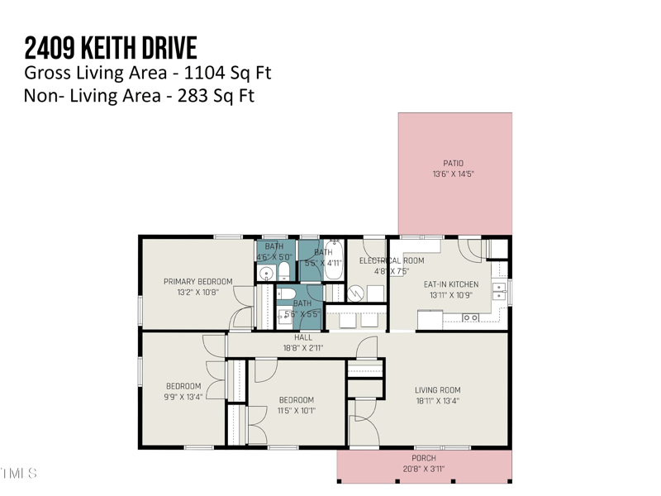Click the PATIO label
(x=453, y=164)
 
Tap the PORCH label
(x=424, y=458)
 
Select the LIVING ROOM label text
(x=437, y=390)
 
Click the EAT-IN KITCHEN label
(x=450, y=284)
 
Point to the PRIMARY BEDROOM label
(x=197, y=281)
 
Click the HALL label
(x=303, y=337)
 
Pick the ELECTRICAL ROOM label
(x=391, y=260)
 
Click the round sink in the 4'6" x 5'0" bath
(x=264, y=273)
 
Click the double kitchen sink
(x=499, y=290)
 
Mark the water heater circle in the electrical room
(x=354, y=293)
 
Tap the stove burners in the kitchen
(x=470, y=317)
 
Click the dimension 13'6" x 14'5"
(x=453, y=174)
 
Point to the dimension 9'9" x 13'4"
(x=183, y=397)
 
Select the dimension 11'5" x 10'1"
(x=296, y=411)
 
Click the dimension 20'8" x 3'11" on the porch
(x=424, y=469)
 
